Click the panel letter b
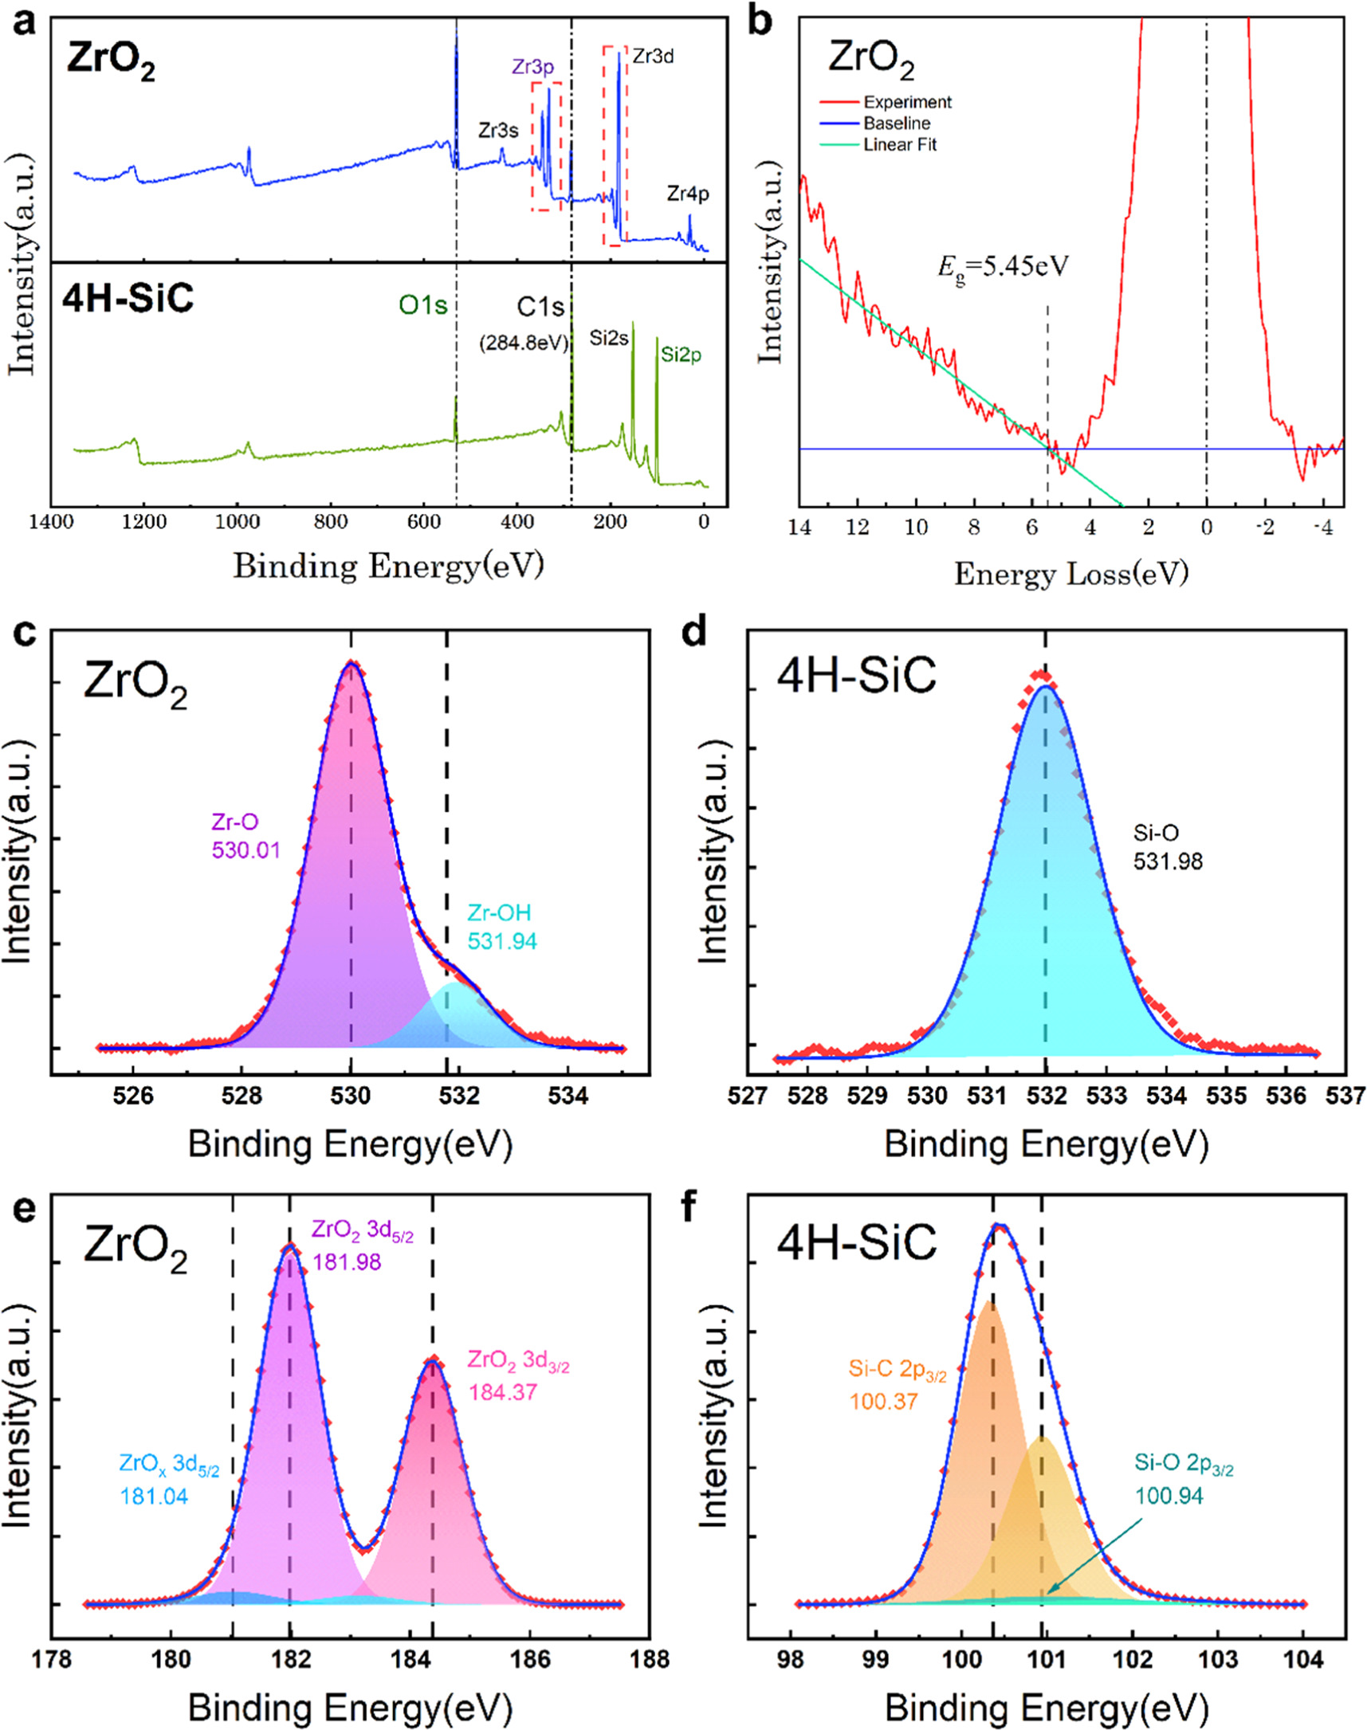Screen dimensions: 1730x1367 tap(759, 19)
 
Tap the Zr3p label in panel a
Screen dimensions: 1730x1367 tap(533, 67)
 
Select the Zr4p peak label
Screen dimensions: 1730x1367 tap(689, 194)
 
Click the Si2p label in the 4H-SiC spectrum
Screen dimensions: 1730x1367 tap(680, 355)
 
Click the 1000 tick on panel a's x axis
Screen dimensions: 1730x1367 tap(236, 523)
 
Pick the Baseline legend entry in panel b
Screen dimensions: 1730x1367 tap(897, 124)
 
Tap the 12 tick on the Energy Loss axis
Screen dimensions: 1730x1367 tap(857, 528)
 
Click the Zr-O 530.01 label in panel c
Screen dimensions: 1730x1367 tap(246, 835)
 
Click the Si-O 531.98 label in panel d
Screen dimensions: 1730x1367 tap(1168, 846)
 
